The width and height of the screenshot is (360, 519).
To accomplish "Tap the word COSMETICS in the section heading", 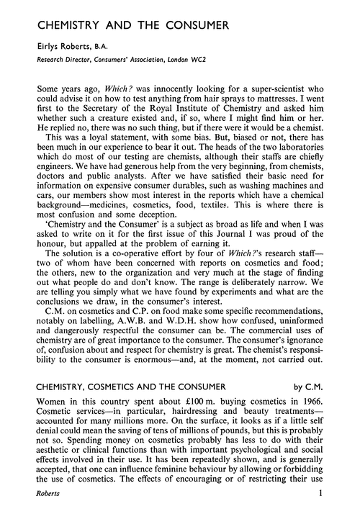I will pyautogui.click(x=124, y=456).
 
